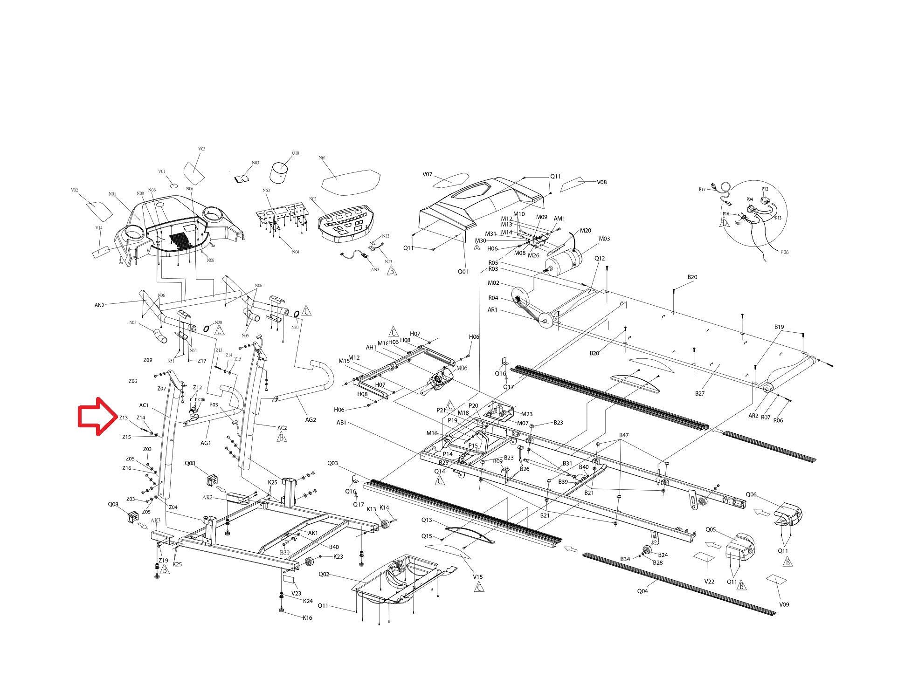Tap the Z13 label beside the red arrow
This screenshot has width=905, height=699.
124,418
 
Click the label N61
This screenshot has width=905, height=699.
322,158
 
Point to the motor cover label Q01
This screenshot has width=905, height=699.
463,271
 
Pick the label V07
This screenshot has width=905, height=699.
428,174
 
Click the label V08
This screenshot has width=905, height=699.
602,182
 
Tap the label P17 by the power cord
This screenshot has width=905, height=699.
702,189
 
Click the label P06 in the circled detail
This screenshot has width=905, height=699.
784,252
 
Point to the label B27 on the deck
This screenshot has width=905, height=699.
700,393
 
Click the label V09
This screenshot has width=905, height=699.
784,604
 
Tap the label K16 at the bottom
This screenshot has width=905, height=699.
307,618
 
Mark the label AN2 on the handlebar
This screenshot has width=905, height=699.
99,305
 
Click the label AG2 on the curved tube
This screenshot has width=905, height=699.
311,419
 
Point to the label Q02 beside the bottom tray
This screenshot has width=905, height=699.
324,574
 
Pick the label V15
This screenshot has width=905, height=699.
478,577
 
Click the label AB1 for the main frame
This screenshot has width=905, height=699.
342,423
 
